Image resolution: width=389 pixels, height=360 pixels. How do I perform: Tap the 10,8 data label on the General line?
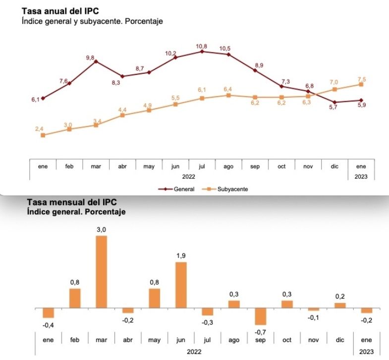202,46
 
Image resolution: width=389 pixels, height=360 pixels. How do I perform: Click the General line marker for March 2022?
96,61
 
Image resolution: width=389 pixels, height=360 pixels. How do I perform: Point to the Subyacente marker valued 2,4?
43,135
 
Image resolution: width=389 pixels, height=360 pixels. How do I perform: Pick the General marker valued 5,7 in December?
334,102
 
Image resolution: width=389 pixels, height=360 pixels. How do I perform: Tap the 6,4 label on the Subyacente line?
228,89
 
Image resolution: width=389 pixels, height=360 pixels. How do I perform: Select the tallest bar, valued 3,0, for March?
101,272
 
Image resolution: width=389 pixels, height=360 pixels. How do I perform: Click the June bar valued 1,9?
181,285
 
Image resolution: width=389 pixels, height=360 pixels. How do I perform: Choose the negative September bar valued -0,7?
261,316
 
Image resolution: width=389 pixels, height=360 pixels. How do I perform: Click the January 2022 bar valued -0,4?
48,313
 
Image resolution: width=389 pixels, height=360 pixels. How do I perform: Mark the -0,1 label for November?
314,317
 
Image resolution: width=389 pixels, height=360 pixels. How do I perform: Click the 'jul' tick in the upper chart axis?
202,167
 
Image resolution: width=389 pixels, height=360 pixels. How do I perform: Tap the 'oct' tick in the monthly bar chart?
287,340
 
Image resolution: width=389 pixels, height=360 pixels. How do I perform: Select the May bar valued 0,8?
154,298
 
